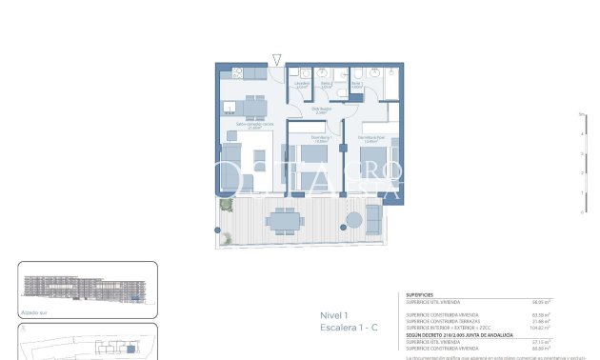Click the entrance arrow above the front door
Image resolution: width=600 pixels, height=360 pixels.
click(276, 60)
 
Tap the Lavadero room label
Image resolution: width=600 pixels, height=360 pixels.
click(301, 84)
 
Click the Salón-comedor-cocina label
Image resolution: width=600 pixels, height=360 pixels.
click(255, 125)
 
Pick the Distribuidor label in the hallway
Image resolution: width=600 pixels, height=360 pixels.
click(322, 110)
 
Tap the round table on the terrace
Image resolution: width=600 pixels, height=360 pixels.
click(353, 220)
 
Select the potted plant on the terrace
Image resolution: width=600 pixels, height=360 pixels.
click(227, 204)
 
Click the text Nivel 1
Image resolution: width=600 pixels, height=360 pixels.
click(334, 316)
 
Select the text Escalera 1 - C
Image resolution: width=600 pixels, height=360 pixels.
click(349, 328)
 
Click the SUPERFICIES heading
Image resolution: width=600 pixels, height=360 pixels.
click(421, 295)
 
